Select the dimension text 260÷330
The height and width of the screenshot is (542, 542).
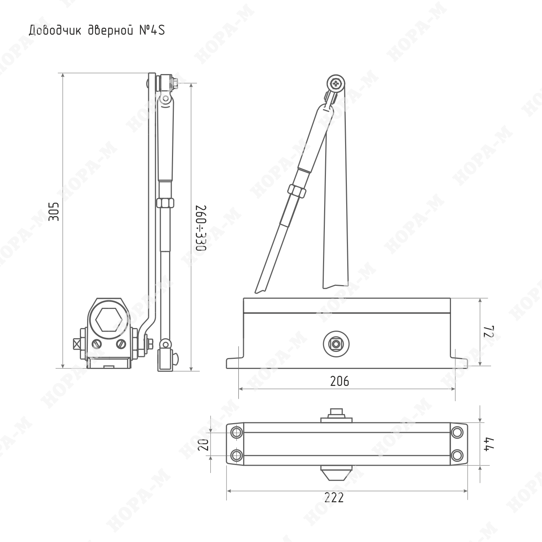pyautogui.click(x=201, y=228)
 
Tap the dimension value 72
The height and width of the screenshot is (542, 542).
pyautogui.click(x=489, y=332)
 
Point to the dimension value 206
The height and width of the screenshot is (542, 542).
pyautogui.click(x=340, y=381)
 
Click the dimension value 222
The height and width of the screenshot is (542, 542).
pyautogui.click(x=334, y=498)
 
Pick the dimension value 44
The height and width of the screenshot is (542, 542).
pyautogui.click(x=489, y=444)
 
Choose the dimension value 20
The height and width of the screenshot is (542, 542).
pyautogui.click(x=204, y=444)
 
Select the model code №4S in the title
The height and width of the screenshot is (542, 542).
pyautogui.click(x=152, y=30)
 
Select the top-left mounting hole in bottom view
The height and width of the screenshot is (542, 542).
pyautogui.click(x=237, y=432)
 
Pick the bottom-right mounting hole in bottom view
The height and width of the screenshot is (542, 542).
pyautogui.click(x=457, y=455)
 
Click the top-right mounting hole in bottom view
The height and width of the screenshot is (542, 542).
pyautogui.click(x=457, y=432)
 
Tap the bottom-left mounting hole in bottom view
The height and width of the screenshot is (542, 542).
pyautogui.click(x=237, y=455)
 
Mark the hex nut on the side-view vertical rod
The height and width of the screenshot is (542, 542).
pyautogui.click(x=165, y=203)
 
